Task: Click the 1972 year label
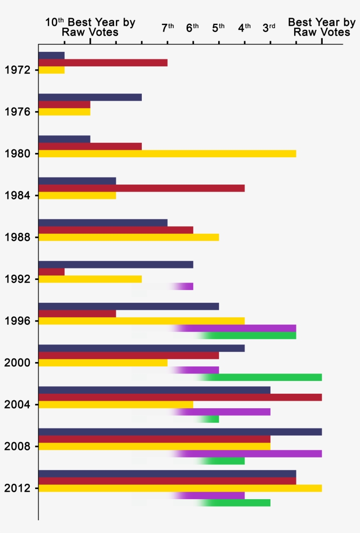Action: click(17, 70)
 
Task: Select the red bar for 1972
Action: click(103, 62)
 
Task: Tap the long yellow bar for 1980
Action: click(167, 153)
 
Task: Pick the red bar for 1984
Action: click(141, 188)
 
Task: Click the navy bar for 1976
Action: click(90, 97)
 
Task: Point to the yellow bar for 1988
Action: click(129, 237)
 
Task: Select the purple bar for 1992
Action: click(184, 286)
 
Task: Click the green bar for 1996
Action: click(250, 336)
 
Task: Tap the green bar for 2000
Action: click(263, 377)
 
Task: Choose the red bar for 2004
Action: click(180, 397)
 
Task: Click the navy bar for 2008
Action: click(180, 431)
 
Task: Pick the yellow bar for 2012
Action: click(180, 488)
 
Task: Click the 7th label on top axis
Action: click(168, 28)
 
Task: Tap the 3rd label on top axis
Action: click(269, 28)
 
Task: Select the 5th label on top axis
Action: click(218, 28)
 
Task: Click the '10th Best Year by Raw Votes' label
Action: click(90, 27)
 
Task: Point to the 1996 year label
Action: click(17, 321)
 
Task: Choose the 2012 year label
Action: click(17, 489)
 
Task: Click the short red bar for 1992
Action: click(52, 272)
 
